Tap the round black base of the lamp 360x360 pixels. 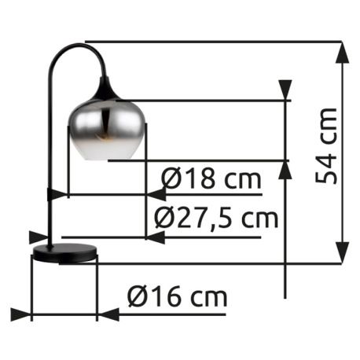64,253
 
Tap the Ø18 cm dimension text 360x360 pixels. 211,179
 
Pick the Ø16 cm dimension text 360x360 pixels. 177,297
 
